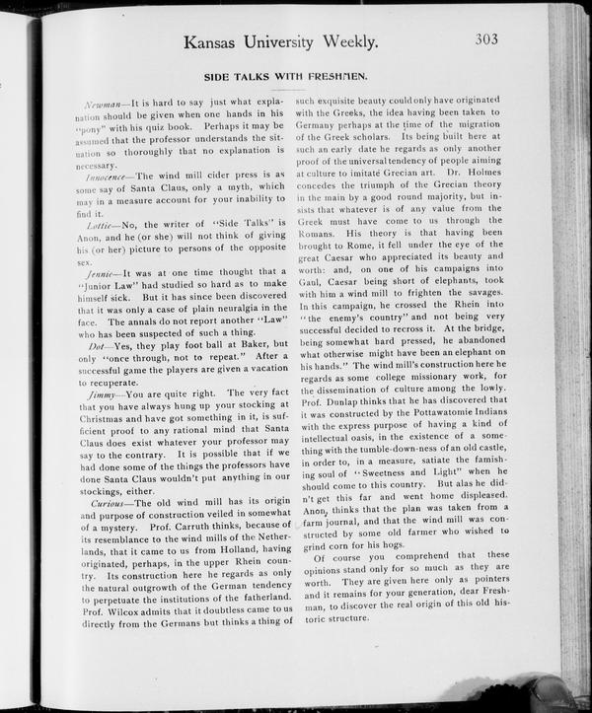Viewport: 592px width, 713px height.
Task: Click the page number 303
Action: click(485, 39)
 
